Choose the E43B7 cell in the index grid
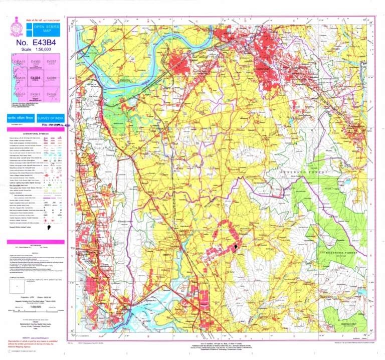(51, 63)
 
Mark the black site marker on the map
(236, 247)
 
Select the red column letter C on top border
(197, 21)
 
